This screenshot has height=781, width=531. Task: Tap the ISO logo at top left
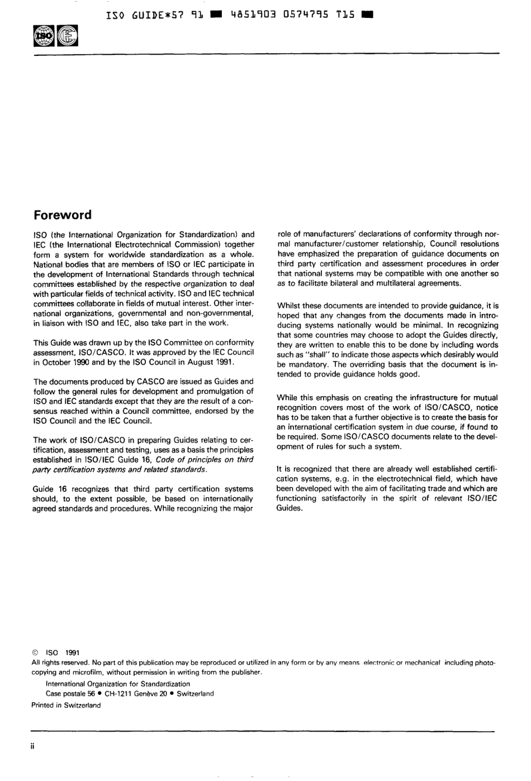click(43, 37)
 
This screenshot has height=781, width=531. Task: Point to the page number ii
click(32, 747)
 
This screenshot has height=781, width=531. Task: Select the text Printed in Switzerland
click(66, 705)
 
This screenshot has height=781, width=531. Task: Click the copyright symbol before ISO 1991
click(35, 652)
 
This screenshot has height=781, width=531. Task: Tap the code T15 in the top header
click(345, 15)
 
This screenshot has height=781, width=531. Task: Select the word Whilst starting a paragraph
click(289, 305)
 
